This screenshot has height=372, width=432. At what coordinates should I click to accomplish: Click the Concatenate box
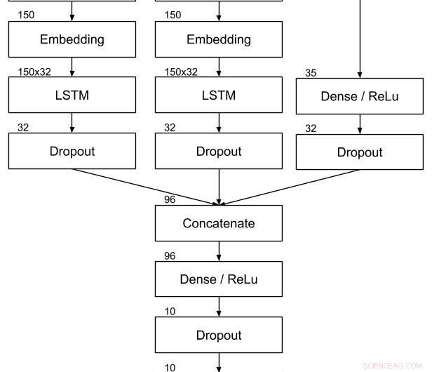(x=218, y=223)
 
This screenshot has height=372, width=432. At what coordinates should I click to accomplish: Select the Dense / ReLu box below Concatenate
(x=218, y=279)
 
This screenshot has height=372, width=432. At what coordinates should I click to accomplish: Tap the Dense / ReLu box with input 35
(x=359, y=96)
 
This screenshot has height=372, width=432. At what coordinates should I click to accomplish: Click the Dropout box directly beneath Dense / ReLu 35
(x=359, y=152)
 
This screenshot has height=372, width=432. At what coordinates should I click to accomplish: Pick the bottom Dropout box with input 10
(x=218, y=335)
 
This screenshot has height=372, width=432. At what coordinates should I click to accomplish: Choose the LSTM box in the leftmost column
(x=72, y=95)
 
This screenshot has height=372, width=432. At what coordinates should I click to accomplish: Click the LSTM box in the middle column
(x=218, y=95)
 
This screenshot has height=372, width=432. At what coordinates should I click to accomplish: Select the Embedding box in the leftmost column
(x=72, y=39)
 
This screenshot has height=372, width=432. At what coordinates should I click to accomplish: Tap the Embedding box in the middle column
(x=218, y=39)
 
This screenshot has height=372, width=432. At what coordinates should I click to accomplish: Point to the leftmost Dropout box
(x=72, y=151)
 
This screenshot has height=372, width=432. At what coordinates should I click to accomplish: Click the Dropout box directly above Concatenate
(x=218, y=151)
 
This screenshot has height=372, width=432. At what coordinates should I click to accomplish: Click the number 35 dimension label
(x=311, y=72)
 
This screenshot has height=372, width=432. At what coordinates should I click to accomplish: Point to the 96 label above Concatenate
(x=170, y=199)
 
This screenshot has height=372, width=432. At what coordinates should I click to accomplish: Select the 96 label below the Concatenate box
(x=170, y=255)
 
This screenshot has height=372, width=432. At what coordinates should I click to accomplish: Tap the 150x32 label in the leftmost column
(x=34, y=72)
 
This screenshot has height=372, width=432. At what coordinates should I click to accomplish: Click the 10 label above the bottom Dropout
(x=170, y=311)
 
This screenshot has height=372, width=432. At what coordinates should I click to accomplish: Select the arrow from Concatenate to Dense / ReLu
(x=219, y=251)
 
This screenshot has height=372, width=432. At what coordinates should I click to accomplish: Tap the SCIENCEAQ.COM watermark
(x=393, y=366)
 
